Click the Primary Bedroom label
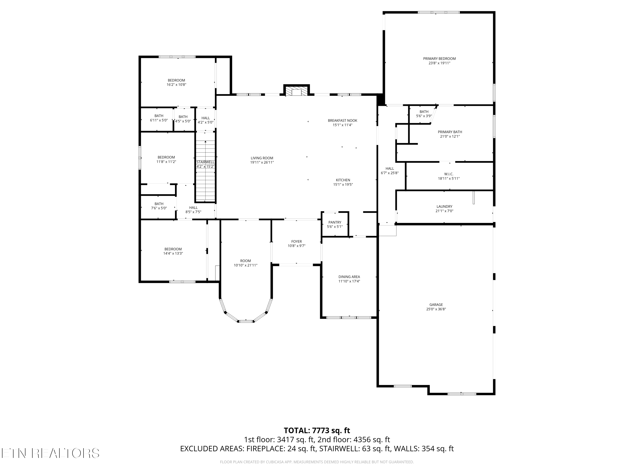tap(439, 59)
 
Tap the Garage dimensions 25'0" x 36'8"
tap(436, 309)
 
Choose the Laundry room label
tap(444, 206)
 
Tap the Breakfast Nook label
tap(343, 121)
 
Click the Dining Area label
tap(349, 277)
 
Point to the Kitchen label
tap(343, 180)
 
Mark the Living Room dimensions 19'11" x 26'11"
tap(262, 162)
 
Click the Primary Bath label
tap(450, 132)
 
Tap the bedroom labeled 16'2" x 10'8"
tap(176, 83)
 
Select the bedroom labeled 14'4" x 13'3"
tap(173, 251)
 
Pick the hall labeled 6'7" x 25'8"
tap(390, 171)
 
